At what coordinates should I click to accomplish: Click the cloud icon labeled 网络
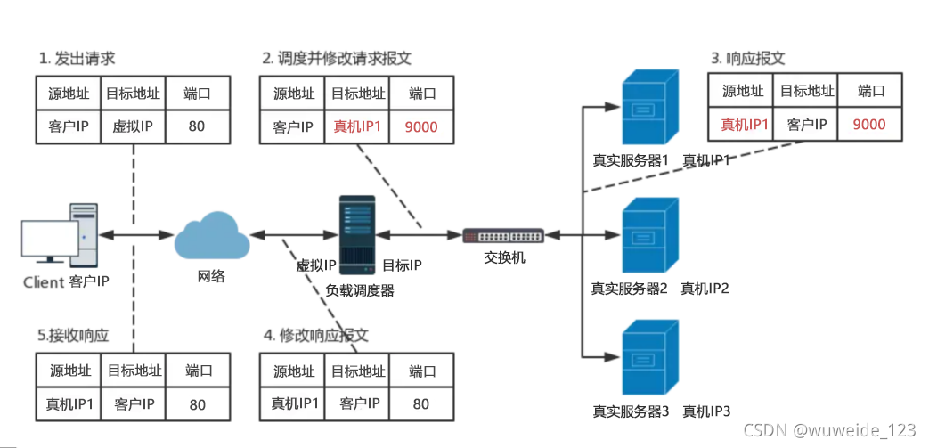[211, 235]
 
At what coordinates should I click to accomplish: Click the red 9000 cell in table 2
[421, 126]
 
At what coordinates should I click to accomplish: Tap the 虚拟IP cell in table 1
[134, 126]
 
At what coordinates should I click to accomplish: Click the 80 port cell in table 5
[197, 403]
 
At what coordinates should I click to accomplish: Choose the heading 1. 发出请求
[77, 59]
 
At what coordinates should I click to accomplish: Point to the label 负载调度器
[360, 289]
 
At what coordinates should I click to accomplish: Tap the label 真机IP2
[705, 288]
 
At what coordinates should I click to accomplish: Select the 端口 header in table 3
[869, 90]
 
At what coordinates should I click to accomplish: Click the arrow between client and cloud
[135, 235]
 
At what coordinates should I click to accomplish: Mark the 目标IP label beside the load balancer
[402, 265]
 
